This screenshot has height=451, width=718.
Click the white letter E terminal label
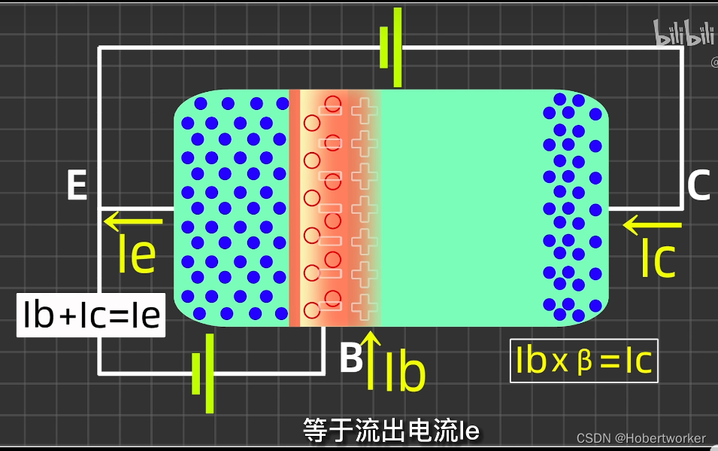(x=77, y=185)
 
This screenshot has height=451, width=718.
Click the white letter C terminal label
(x=698, y=185)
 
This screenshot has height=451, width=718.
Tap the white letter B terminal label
(x=351, y=359)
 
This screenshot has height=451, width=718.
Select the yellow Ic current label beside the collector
(x=658, y=258)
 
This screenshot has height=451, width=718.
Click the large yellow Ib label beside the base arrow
(x=405, y=372)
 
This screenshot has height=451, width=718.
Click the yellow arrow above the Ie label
(x=133, y=221)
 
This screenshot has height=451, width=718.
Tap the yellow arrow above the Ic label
(x=652, y=224)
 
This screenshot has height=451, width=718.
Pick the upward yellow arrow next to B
(x=369, y=361)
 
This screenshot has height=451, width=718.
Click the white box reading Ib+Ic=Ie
(x=91, y=315)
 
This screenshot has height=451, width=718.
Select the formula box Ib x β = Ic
(x=583, y=362)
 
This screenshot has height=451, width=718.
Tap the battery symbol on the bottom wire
(x=203, y=373)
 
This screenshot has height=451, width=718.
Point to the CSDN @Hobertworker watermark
(x=641, y=438)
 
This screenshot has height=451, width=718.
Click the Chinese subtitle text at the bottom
(x=391, y=431)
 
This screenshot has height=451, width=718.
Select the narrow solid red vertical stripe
(x=295, y=208)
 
